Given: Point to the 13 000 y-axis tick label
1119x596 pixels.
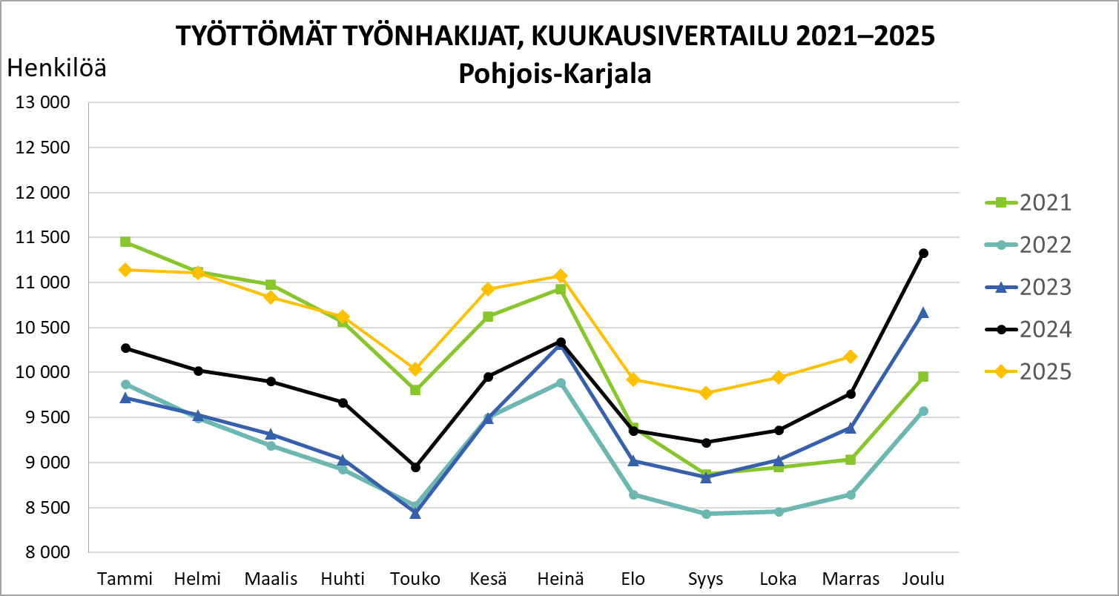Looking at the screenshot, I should tap(43, 103).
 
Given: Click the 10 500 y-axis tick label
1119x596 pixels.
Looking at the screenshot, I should tap(43, 328).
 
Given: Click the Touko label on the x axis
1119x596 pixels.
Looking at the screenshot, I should tap(415, 579).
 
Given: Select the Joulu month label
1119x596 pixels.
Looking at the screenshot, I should tap(922, 579).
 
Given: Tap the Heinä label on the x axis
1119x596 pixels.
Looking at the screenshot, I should tap(561, 579).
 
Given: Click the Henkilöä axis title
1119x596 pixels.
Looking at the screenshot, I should tap(56, 69).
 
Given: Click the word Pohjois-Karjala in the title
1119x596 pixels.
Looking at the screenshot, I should tap(555, 74).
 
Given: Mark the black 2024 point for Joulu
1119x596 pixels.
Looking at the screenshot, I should tap(923, 254).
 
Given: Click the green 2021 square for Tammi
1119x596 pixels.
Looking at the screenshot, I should tap(125, 242).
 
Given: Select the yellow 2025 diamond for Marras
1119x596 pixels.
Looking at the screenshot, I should tap(851, 357).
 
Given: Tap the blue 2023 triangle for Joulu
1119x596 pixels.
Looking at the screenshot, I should tap(923, 313).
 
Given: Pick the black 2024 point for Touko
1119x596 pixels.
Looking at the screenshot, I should tap(415, 467).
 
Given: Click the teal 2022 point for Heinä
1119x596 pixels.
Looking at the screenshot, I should tap(561, 383).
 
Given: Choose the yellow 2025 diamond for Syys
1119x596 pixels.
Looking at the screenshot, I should tap(706, 393).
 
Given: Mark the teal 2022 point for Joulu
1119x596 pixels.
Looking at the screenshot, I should tap(923, 411).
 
